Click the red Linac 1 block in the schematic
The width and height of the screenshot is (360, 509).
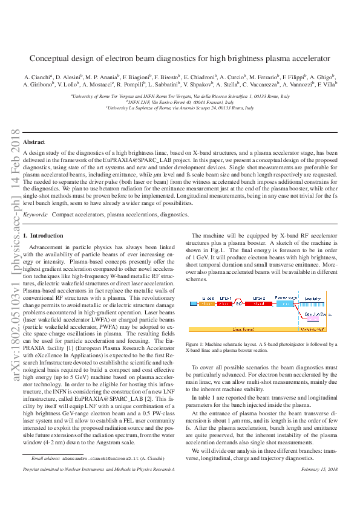(x=225, y=299)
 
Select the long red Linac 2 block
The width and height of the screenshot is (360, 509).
(x=260, y=299)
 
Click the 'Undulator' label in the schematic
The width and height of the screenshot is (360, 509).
(x=313, y=299)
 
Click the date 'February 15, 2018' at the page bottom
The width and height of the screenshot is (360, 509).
(x=318, y=469)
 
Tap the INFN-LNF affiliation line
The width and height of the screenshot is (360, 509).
(x=180, y=102)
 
